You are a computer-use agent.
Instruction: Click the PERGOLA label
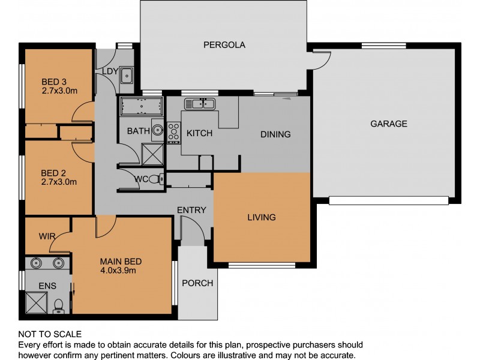point(224,44)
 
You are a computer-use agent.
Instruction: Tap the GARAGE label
point(388,124)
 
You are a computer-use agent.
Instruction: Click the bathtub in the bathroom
point(142,107)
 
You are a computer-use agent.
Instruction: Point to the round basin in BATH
point(157,129)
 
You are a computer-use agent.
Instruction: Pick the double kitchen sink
point(200,104)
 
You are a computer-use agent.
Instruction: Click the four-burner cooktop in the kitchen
point(174,133)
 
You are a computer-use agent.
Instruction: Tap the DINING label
point(275,134)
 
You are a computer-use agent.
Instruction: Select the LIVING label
point(261,217)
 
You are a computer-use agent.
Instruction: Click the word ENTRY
point(191,210)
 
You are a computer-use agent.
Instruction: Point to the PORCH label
point(197,283)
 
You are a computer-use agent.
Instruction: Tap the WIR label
point(48,237)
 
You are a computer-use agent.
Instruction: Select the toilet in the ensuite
point(59,306)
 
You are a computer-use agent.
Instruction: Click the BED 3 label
point(55,82)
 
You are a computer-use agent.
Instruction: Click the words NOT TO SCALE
point(50,334)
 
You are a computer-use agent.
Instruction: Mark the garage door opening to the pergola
point(322,58)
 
